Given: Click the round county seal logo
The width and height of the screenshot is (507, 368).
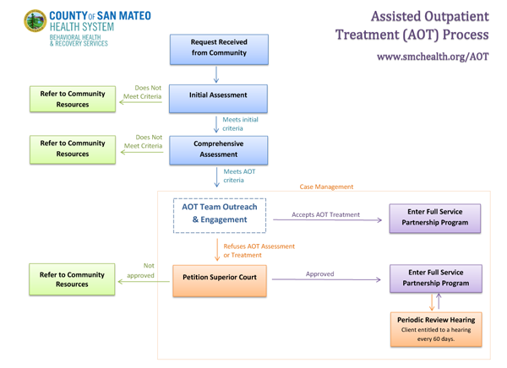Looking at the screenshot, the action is click(x=35, y=20).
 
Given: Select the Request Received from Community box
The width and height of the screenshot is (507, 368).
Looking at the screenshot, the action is click(x=219, y=50).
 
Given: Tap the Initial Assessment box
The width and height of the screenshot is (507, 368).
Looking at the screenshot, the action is click(x=218, y=99).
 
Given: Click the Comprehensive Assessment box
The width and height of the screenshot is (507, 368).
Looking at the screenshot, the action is click(x=219, y=150).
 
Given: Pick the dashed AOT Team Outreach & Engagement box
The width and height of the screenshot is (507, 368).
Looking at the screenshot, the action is click(x=220, y=215).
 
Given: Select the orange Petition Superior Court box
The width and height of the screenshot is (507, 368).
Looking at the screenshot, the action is click(x=220, y=281).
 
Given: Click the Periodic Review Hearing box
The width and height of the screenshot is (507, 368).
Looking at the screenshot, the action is click(x=436, y=329).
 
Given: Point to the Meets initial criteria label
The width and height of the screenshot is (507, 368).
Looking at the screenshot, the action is click(x=240, y=124).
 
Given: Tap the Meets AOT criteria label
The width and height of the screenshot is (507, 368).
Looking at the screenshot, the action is click(x=239, y=176).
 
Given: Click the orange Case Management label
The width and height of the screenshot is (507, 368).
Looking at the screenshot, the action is click(x=326, y=187).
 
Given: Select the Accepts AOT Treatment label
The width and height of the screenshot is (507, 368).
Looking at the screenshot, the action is click(x=325, y=214).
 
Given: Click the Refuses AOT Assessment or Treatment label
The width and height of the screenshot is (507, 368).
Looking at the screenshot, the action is click(x=259, y=251).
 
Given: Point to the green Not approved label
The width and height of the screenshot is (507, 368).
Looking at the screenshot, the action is click(x=141, y=270).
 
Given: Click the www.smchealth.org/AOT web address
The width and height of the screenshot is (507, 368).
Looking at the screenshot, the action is click(x=433, y=57).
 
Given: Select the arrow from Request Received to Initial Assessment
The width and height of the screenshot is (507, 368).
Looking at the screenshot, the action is click(x=216, y=74).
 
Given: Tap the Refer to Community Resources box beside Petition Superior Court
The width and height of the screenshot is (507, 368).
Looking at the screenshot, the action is click(x=72, y=279).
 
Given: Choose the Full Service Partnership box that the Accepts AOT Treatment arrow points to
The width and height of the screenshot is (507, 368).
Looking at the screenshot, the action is click(x=435, y=219).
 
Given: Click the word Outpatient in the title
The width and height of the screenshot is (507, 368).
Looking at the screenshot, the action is click(x=456, y=17).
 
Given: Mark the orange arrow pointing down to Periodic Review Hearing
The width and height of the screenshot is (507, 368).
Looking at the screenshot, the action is click(x=432, y=302).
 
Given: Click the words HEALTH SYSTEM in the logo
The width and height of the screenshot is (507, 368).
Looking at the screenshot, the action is click(x=82, y=27).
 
